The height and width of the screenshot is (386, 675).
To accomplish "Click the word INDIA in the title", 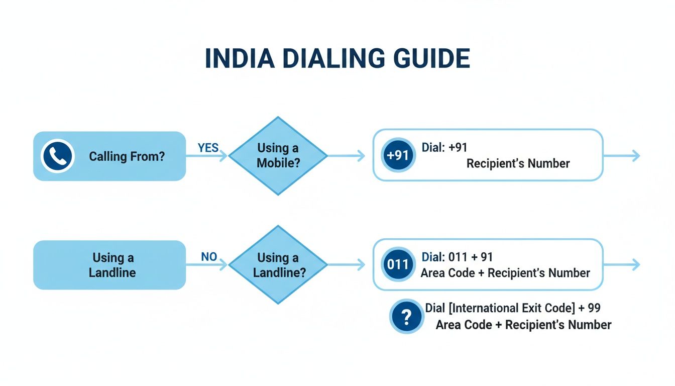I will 239,59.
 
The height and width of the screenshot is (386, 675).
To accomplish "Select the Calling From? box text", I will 127,156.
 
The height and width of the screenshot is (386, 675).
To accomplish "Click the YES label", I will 208,147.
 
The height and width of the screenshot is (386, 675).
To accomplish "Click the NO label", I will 209,257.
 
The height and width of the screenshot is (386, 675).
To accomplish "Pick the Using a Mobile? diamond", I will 278,156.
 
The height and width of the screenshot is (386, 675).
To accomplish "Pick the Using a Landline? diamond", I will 278,265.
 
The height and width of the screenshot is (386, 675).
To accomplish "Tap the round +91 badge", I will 398,155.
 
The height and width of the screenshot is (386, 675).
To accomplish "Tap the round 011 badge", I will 398,264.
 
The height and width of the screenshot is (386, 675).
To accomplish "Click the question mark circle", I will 407,317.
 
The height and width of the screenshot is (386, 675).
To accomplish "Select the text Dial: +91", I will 444,148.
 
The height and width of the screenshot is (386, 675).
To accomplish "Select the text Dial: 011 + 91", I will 457,257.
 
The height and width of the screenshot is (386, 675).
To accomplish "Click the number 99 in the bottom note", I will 593,308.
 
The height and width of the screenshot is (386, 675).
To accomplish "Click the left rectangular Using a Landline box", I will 109,265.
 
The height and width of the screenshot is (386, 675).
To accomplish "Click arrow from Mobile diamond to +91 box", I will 347,156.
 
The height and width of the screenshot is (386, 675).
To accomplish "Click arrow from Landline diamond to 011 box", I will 347,265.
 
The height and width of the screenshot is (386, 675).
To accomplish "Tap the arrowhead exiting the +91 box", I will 636,156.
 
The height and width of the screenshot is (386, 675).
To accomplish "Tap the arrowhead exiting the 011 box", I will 636,265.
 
